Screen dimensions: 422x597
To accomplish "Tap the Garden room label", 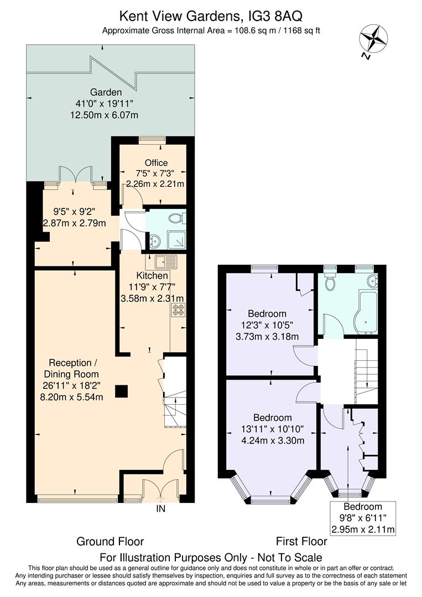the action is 106,92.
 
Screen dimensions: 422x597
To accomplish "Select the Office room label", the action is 156,163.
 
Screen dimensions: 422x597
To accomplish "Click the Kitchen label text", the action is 152,275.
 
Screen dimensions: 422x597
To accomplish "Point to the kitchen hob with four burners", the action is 179,310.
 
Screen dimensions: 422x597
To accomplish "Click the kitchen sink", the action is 166,262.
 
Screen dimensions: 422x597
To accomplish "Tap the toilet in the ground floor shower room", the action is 178,218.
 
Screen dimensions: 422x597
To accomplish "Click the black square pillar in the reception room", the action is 122,391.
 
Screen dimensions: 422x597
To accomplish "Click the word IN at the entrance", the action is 161,509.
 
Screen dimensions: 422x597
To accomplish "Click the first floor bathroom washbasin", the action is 372,281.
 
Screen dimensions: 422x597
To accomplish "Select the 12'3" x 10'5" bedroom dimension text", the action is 267,325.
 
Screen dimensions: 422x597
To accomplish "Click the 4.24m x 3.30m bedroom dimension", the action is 273,441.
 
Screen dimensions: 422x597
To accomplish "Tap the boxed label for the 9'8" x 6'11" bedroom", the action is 363,518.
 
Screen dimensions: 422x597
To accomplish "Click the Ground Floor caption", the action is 110,541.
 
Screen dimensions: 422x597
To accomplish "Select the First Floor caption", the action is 301,541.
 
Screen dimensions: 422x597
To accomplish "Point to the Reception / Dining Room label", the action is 71,369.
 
